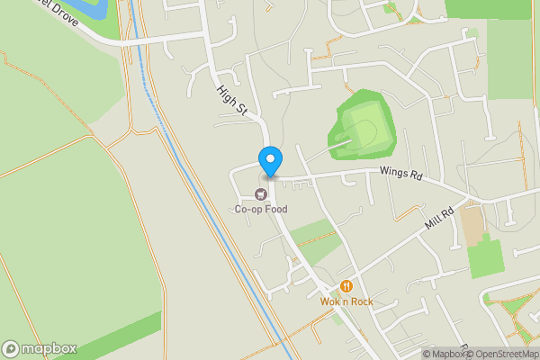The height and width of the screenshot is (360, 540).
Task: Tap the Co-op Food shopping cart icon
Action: tap(261, 193)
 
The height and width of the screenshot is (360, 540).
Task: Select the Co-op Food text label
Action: tap(261, 210)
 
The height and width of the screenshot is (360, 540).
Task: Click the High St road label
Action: tap(231, 100)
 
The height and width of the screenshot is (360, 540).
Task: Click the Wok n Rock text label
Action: tap(346, 301)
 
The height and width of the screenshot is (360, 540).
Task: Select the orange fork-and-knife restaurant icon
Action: tap(344, 286)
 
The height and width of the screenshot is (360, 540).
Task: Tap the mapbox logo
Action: tap(40, 348)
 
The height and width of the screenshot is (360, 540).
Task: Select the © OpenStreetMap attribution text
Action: tap(499, 354)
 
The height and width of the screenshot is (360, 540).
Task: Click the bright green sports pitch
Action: tap(365, 131)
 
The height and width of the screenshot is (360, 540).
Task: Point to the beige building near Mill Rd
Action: tap(471, 226)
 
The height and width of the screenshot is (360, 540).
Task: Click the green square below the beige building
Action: tap(484, 256)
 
